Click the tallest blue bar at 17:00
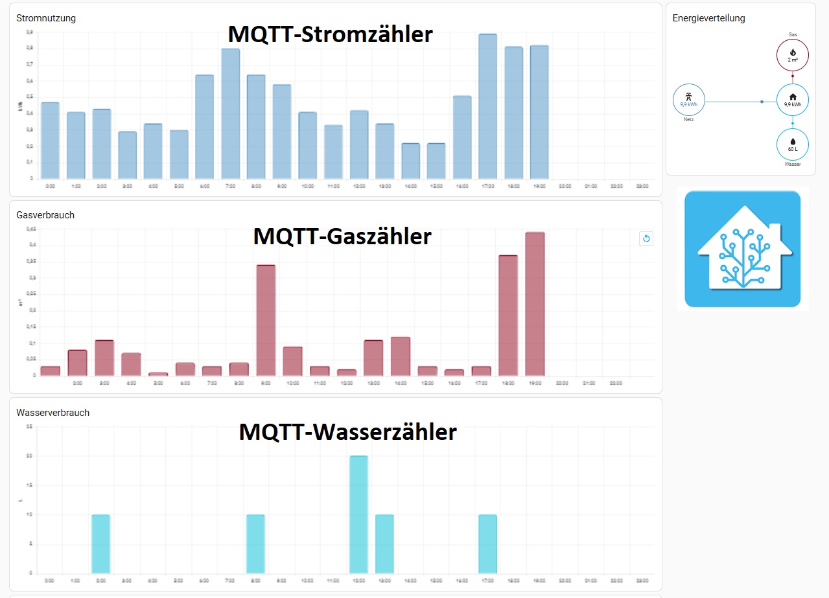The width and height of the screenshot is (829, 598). point(487,106)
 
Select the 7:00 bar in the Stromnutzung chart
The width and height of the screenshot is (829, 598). point(231,113)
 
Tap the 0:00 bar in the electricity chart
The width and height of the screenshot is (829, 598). point(50,140)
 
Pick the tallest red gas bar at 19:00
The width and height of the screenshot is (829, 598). point(535,304)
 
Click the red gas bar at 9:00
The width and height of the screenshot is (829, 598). point(266,320)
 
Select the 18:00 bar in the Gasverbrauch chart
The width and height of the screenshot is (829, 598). point(508,316)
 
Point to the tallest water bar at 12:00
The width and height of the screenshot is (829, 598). point(358,514)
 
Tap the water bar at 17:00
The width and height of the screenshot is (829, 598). point(487,544)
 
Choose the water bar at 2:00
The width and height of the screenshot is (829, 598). point(100,544)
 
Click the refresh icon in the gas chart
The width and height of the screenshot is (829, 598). point(646,238)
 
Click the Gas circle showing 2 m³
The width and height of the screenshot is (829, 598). point(792,55)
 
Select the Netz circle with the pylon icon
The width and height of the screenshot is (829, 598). point(688,100)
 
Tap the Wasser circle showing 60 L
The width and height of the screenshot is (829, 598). point(792,144)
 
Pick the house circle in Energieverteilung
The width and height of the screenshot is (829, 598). point(792,100)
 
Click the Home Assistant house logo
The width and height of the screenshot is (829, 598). point(742,249)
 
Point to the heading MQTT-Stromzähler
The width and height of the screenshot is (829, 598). point(330,34)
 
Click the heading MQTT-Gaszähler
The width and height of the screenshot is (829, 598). point(342,236)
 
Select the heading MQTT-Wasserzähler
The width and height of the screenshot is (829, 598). point(347,431)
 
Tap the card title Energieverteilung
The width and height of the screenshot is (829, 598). point(708,18)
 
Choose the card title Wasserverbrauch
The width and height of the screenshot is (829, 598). point(53,413)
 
